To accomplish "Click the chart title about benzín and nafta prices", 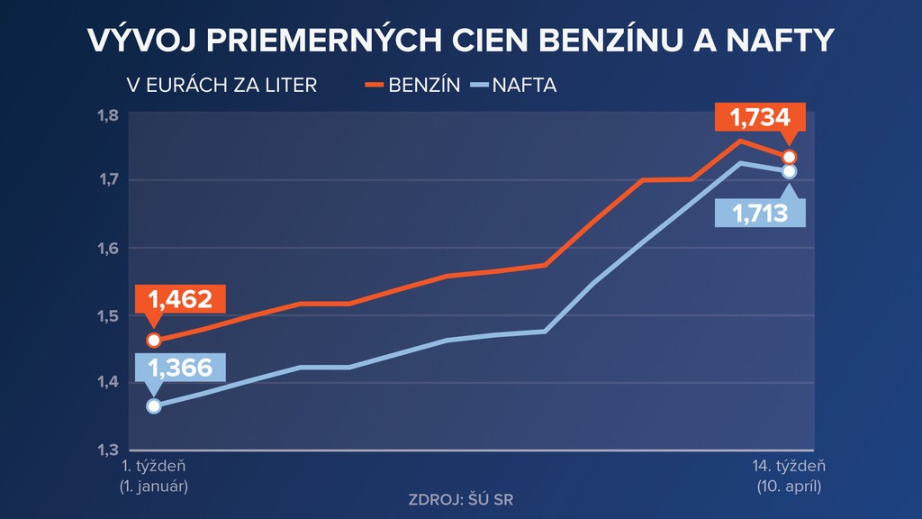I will pyautogui.click(x=460, y=41).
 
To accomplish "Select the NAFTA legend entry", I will pyautogui.click(x=514, y=86).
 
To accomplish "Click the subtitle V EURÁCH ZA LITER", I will pyautogui.click(x=221, y=86).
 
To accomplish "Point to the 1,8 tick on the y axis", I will pyautogui.click(x=109, y=114).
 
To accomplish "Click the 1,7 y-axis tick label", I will pyautogui.click(x=109, y=180).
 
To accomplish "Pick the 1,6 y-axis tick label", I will pyautogui.click(x=109, y=248).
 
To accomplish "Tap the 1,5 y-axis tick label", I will pyautogui.click(x=109, y=315).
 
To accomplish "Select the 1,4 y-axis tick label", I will pyautogui.click(x=109, y=383).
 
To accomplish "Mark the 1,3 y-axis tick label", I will pyautogui.click(x=109, y=450).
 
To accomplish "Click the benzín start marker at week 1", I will pyautogui.click(x=154, y=340).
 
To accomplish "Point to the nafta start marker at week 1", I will pyautogui.click(x=154, y=405).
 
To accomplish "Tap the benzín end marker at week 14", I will pyautogui.click(x=790, y=158).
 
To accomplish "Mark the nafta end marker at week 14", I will pyautogui.click(x=790, y=171).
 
